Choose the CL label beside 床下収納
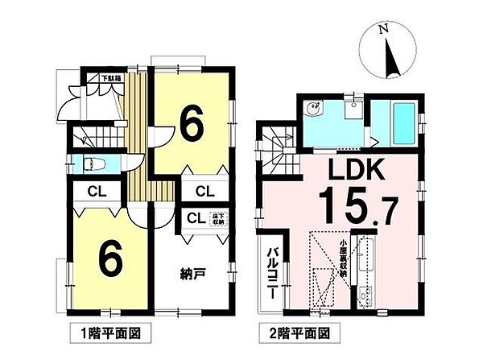pyautogui.click(x=195, y=217)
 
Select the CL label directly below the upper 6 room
pyautogui.click(x=204, y=191)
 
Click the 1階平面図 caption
pyautogui.click(x=118, y=331)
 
